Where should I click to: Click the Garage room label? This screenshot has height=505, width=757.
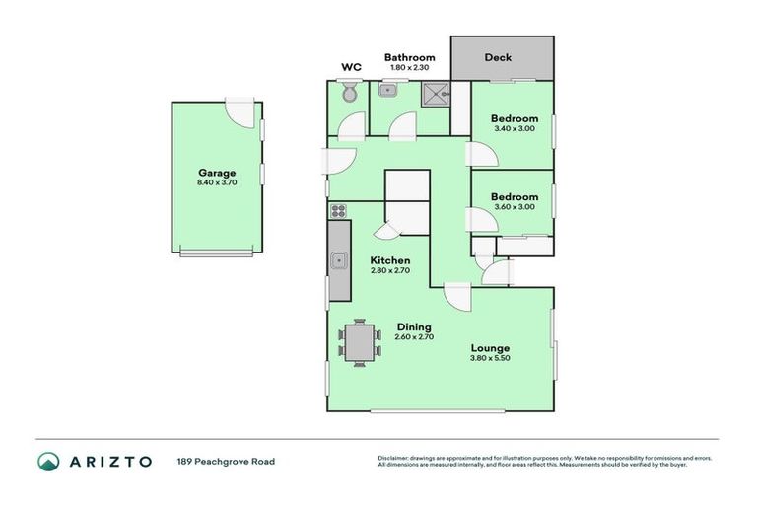(x=216, y=173)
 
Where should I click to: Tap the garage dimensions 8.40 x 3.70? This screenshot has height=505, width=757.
(x=216, y=182)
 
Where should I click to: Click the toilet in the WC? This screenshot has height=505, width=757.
(x=347, y=93)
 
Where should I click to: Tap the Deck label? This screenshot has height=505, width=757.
(x=498, y=57)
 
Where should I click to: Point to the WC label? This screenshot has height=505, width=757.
(x=350, y=67)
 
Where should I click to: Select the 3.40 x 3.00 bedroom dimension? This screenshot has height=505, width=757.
(x=514, y=128)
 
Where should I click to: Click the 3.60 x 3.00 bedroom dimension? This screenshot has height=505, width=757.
(x=514, y=207)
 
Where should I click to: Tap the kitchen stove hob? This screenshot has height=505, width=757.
(x=338, y=210)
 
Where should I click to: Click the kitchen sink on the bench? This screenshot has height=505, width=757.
(x=338, y=261)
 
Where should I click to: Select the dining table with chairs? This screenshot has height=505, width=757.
(x=359, y=343)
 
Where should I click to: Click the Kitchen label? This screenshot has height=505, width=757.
(x=390, y=260)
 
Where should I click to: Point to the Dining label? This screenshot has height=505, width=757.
(x=414, y=327)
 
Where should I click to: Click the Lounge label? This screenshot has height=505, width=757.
(x=490, y=348)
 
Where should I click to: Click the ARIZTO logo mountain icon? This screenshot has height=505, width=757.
(x=48, y=462)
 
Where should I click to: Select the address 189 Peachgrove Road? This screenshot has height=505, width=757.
(x=226, y=462)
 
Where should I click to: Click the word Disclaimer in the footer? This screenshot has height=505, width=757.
(x=395, y=458)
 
